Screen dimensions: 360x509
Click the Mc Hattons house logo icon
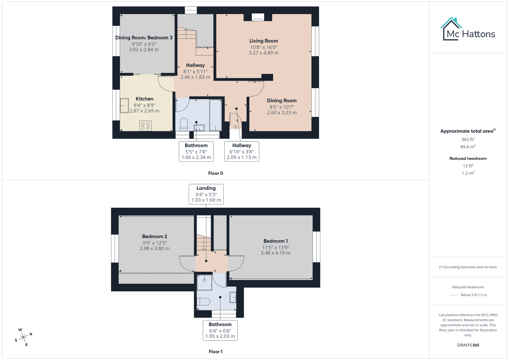click(451, 29)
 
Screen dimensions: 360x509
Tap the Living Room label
click(263, 41)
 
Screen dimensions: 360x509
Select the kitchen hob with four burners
click(145, 126)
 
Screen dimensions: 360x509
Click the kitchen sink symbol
click(124, 105)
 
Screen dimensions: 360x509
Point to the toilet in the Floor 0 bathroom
click(184, 125)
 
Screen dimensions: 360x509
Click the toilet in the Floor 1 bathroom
click(203, 302)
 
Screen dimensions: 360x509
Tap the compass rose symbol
click(23, 337)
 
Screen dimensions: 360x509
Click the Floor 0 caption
click(215, 173)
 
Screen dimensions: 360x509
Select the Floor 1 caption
click(215, 352)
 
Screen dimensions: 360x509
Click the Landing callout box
click(206, 194)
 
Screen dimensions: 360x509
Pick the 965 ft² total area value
click(468, 140)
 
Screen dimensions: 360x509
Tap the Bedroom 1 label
click(275, 241)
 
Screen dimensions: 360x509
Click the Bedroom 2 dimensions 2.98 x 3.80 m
click(154, 248)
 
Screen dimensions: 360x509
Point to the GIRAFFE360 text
click(468, 345)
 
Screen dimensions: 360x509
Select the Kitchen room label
click(144, 99)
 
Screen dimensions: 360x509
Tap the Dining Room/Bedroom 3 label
click(144, 38)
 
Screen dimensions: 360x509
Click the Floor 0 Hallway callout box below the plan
click(241, 151)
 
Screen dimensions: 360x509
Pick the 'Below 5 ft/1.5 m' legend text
click(473, 295)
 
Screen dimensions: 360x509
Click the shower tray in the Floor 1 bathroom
click(204, 282)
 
